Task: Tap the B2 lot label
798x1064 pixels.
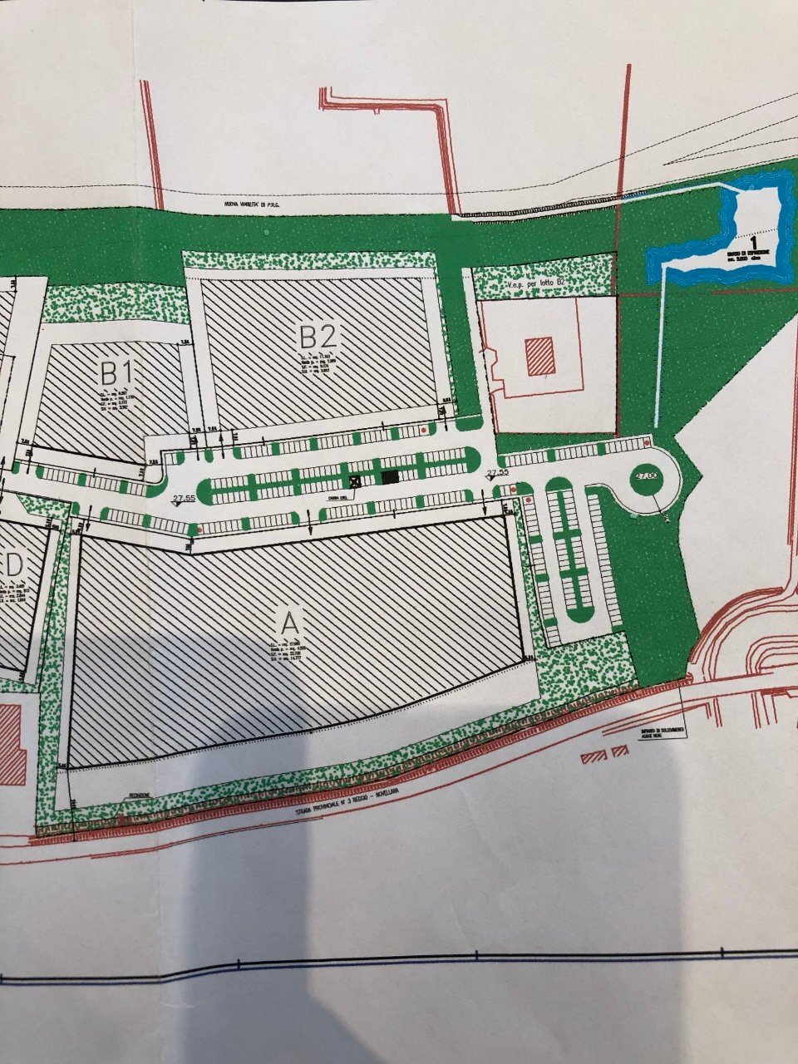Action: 318,337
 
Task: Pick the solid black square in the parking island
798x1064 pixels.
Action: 389,477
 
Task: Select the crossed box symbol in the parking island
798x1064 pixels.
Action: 356,480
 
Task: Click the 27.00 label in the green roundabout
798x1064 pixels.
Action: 645,475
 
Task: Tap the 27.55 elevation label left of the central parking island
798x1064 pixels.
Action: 183,498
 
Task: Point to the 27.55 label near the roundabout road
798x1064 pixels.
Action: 497,472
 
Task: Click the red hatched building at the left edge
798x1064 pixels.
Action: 11,744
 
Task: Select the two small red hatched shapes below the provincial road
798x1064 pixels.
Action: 606,754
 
